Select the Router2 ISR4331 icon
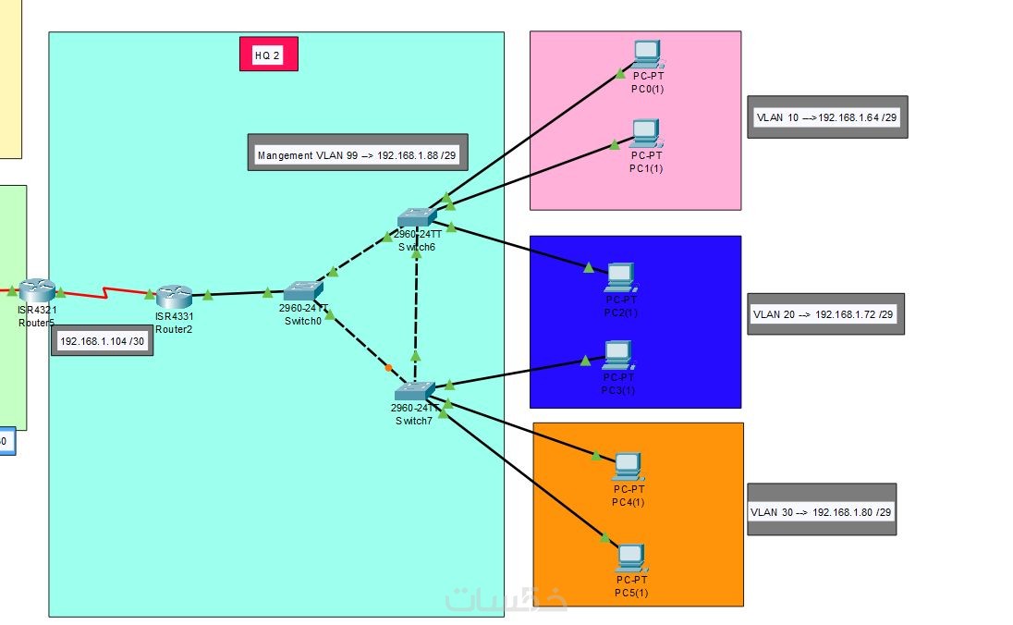[173, 296]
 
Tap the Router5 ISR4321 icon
[37, 290]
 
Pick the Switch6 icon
[417, 217]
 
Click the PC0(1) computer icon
[646, 54]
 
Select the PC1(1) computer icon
[645, 133]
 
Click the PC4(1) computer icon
[629, 465]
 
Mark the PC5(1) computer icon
[631, 556]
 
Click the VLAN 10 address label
[826, 117]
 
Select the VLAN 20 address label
[824, 314]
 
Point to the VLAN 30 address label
[822, 511]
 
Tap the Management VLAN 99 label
[357, 155]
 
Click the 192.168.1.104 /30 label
[103, 341]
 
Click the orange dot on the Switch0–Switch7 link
[389, 368]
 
